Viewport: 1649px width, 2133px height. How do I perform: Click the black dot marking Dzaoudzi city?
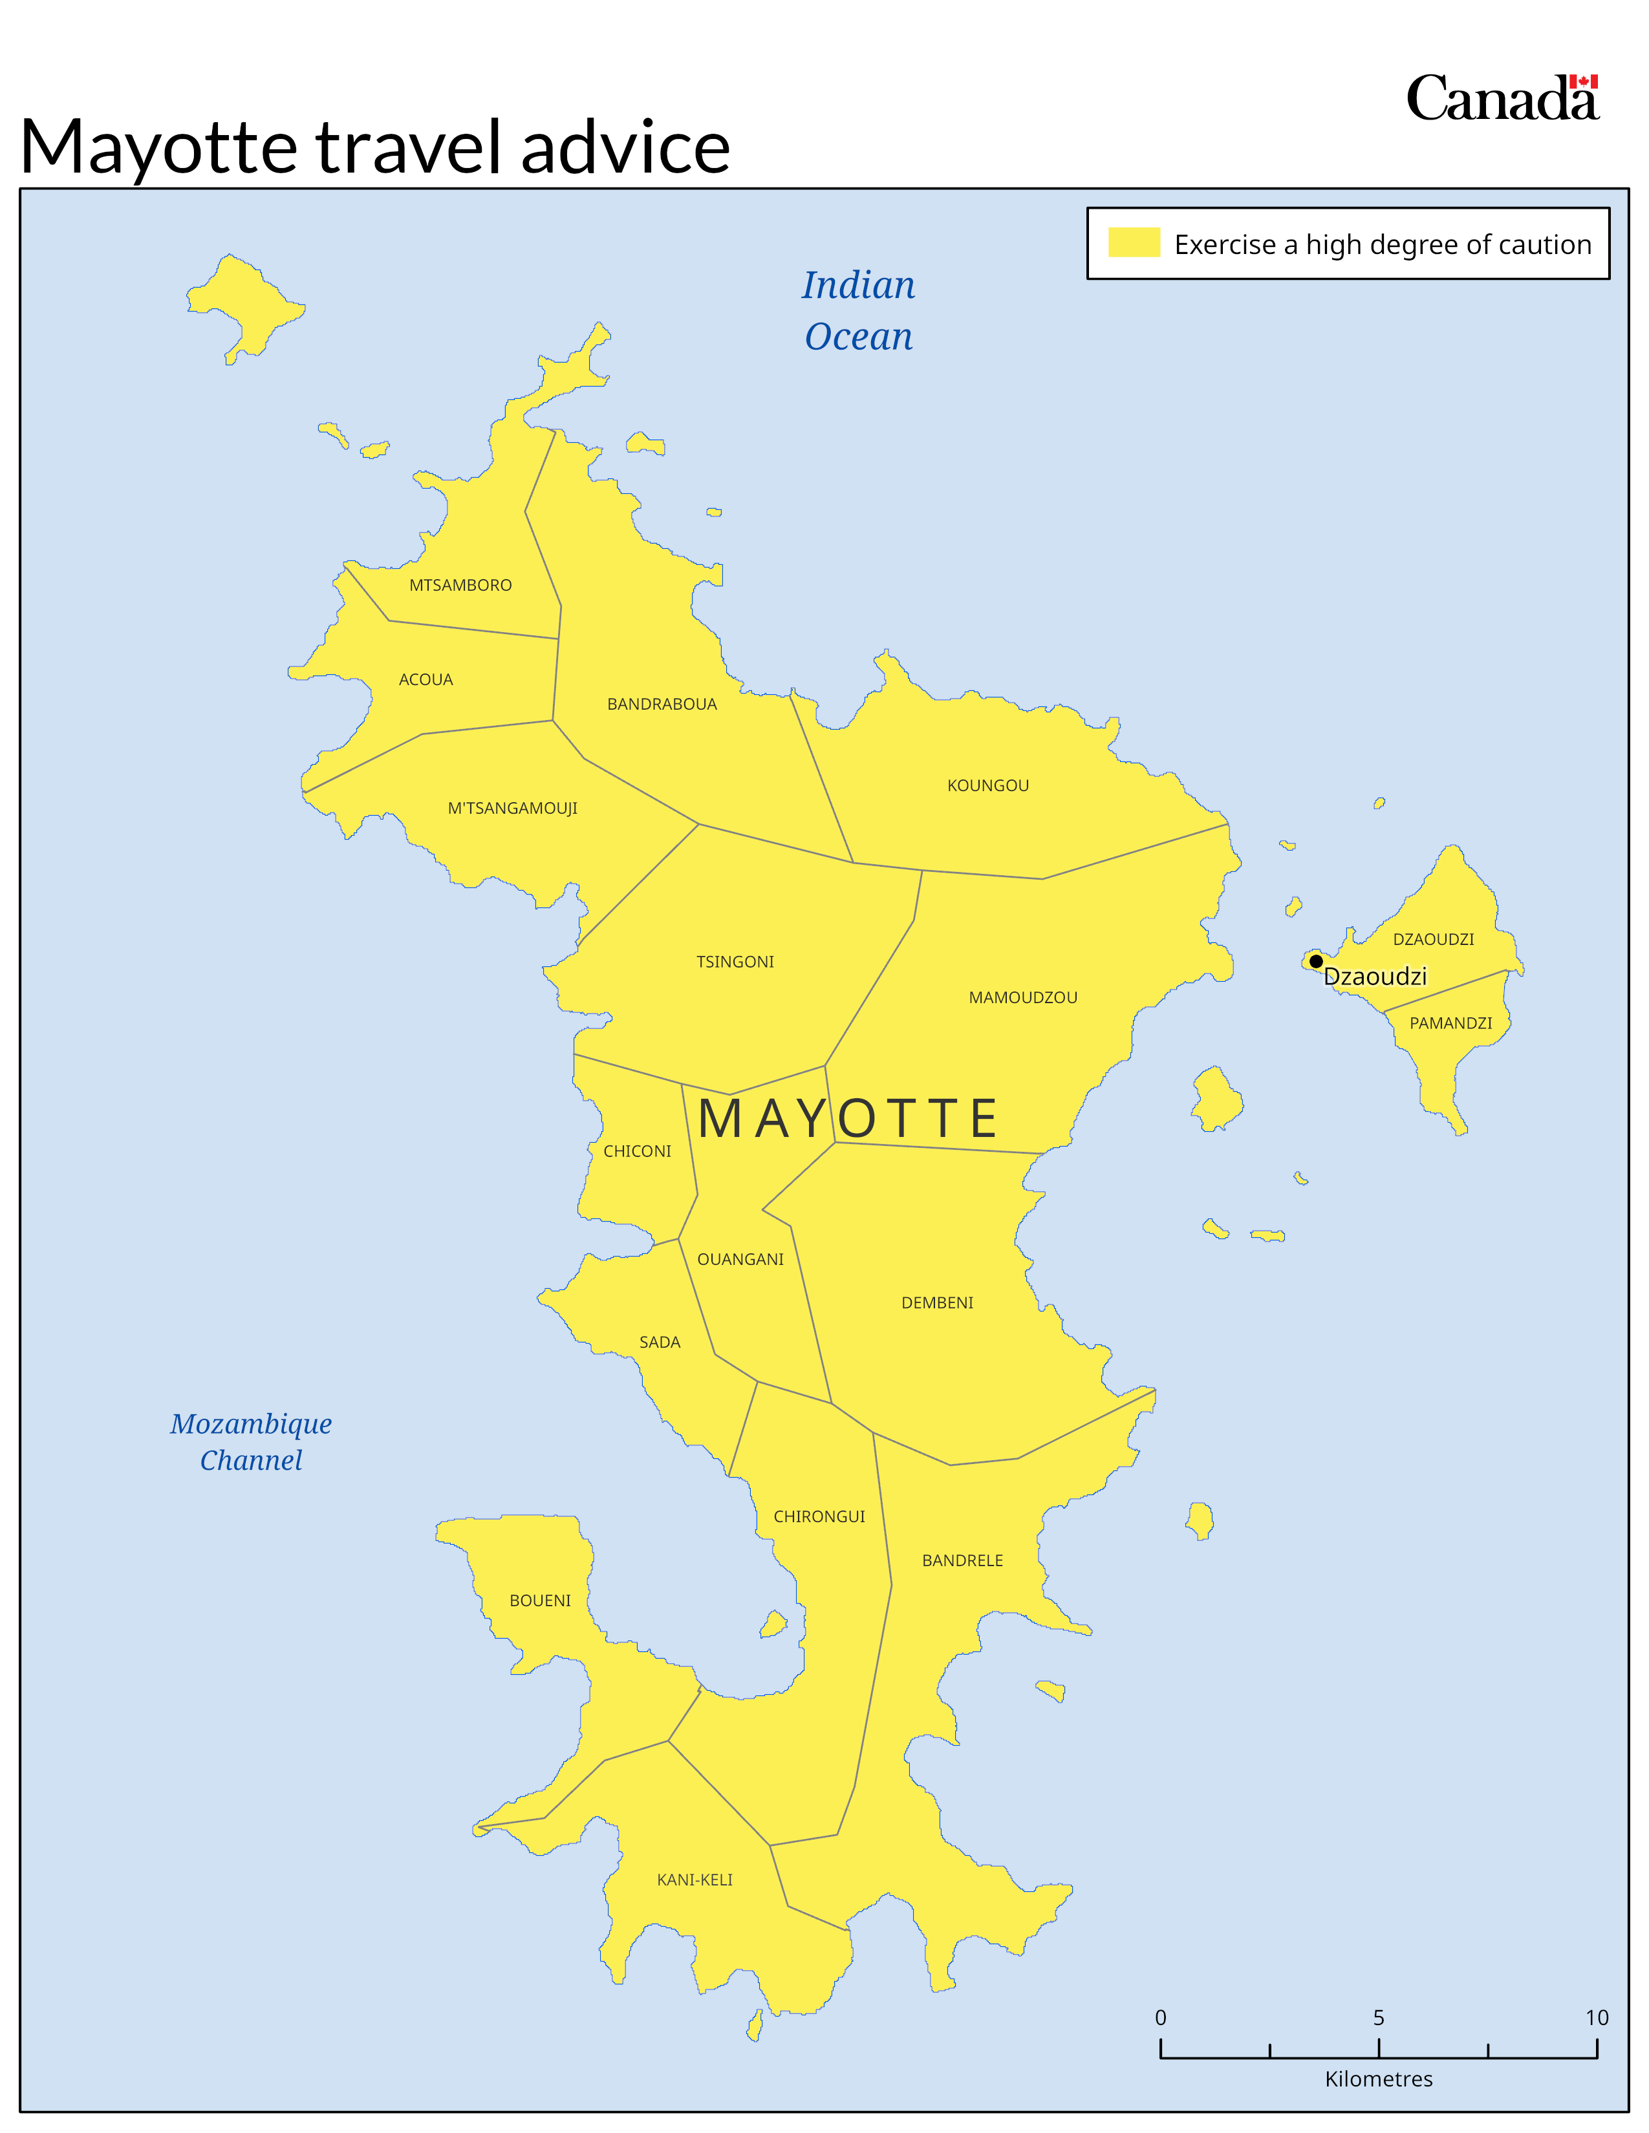point(1316,962)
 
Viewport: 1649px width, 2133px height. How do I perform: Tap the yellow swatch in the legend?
point(1133,242)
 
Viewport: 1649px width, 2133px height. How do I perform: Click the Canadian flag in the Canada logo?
point(1584,82)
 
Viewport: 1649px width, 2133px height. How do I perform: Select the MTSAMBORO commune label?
point(460,585)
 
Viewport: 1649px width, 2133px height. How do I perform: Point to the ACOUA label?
point(426,680)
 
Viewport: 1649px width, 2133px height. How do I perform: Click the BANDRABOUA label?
point(662,704)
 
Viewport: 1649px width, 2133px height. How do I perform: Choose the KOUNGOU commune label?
point(987,785)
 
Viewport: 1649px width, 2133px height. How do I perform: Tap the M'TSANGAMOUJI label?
point(512,808)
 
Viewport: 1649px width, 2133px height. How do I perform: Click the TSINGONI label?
point(735,962)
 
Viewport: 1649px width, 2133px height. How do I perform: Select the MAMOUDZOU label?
point(1023,997)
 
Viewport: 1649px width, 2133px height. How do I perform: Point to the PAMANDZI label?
point(1450,1023)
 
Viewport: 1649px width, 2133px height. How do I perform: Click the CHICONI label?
point(637,1151)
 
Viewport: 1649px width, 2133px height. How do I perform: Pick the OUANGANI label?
point(740,1259)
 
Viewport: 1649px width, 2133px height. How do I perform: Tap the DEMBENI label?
point(937,1303)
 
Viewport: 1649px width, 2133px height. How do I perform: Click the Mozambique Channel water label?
point(251,1441)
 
